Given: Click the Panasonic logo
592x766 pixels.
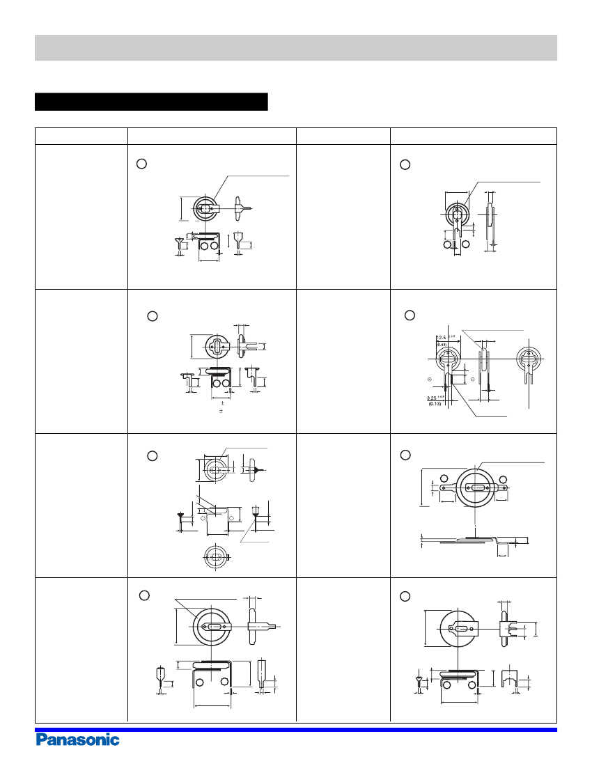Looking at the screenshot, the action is click(78, 740).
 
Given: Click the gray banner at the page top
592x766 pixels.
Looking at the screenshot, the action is click(296, 48).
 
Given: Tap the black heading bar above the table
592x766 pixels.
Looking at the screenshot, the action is click(151, 102).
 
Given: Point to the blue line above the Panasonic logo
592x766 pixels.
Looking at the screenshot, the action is click(296, 729).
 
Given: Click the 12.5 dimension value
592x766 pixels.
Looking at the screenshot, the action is click(442, 338).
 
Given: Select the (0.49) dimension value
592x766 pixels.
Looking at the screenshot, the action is click(442, 345).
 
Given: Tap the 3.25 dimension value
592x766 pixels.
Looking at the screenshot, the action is click(432, 398).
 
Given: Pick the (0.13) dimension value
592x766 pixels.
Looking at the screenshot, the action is click(434, 404).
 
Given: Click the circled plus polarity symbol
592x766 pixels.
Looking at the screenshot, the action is click(430, 379).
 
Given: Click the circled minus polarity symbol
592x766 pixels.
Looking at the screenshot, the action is click(473, 379).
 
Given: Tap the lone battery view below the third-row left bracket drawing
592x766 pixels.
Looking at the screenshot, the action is click(217, 557).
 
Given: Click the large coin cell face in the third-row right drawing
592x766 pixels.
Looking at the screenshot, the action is click(475, 487).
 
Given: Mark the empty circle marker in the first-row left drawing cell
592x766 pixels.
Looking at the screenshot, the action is click(141, 164).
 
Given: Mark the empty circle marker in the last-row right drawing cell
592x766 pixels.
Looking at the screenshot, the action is click(405, 597).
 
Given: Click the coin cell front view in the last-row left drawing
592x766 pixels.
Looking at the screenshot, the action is click(211, 626).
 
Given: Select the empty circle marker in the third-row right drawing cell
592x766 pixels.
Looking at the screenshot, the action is click(405, 455).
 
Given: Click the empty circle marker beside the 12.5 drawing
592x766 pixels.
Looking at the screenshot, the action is click(410, 315).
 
